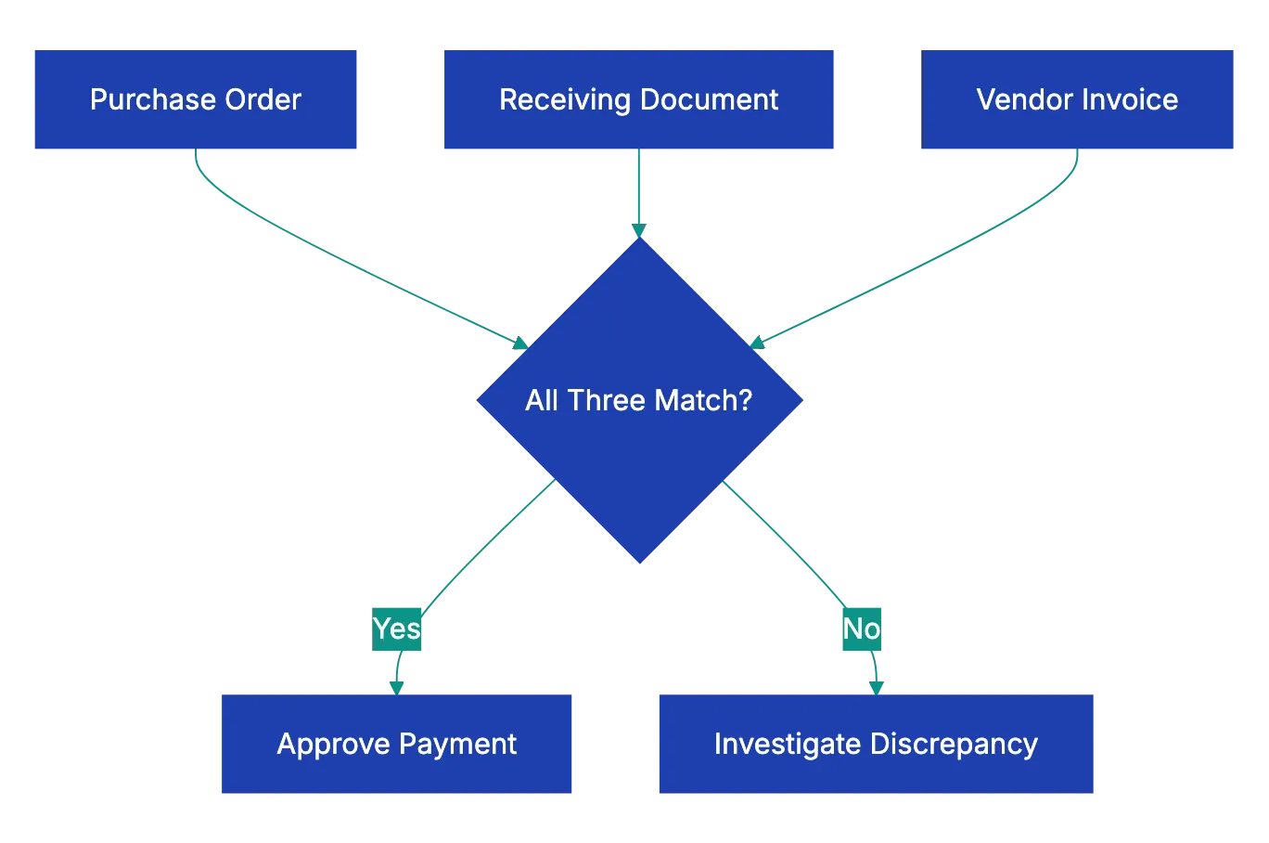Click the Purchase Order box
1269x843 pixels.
[196, 100]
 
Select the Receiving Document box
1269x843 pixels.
[638, 100]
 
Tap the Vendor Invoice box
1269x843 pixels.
[1077, 100]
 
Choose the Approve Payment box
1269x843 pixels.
[397, 743]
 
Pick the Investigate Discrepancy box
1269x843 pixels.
[876, 743]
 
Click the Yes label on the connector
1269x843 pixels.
[397, 629]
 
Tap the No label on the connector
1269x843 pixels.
[861, 629]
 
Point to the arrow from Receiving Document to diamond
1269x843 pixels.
[638, 190]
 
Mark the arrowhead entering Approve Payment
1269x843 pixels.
[397, 687]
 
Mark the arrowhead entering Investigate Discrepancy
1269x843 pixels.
[876, 687]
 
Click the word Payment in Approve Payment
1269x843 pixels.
[457, 744]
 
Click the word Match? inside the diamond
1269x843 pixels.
[703, 400]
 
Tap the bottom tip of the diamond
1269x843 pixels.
[640, 561]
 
